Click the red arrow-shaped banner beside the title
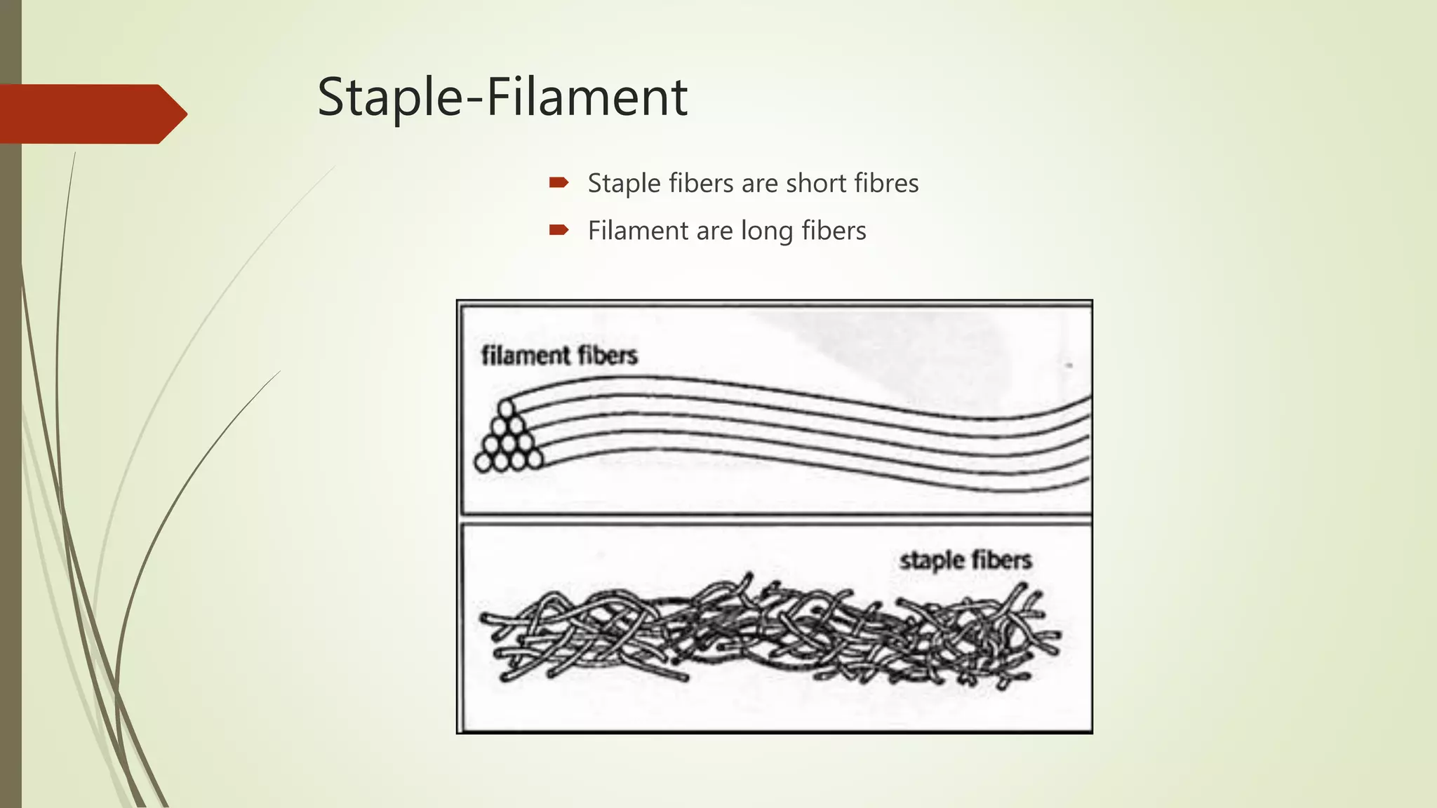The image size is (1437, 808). (x=91, y=114)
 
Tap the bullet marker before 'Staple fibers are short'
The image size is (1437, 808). (x=559, y=183)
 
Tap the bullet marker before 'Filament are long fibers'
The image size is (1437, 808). (x=559, y=230)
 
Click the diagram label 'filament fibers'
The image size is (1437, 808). (x=559, y=356)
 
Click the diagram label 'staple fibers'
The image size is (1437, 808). (x=965, y=560)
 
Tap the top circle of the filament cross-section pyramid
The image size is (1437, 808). (x=506, y=408)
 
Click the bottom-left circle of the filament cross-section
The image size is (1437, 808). (x=483, y=461)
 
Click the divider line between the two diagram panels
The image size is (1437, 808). (x=775, y=519)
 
